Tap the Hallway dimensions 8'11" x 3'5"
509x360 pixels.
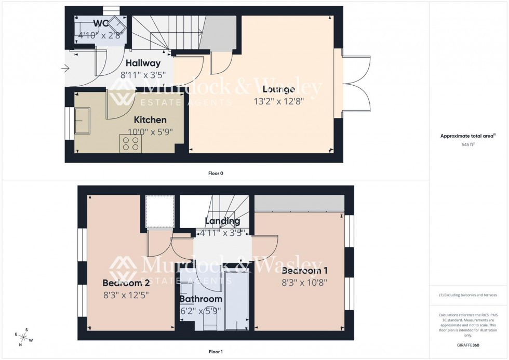[143, 75]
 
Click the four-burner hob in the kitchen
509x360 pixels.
[130, 143]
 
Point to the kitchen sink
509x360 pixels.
[82, 121]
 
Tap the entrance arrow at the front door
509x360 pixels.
[65, 68]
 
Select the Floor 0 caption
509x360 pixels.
[216, 173]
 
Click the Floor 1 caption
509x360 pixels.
[216, 352]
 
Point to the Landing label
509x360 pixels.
[222, 221]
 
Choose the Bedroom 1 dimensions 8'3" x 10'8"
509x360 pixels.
[304, 283]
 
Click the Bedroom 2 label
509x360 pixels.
[126, 283]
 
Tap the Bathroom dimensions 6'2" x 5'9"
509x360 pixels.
[200, 311]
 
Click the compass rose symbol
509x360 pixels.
[24, 337]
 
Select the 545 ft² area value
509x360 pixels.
[468, 144]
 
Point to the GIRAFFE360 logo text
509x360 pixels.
[468, 344]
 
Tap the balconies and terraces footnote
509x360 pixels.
[468, 295]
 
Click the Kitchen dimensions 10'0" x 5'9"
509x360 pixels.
[151, 132]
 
